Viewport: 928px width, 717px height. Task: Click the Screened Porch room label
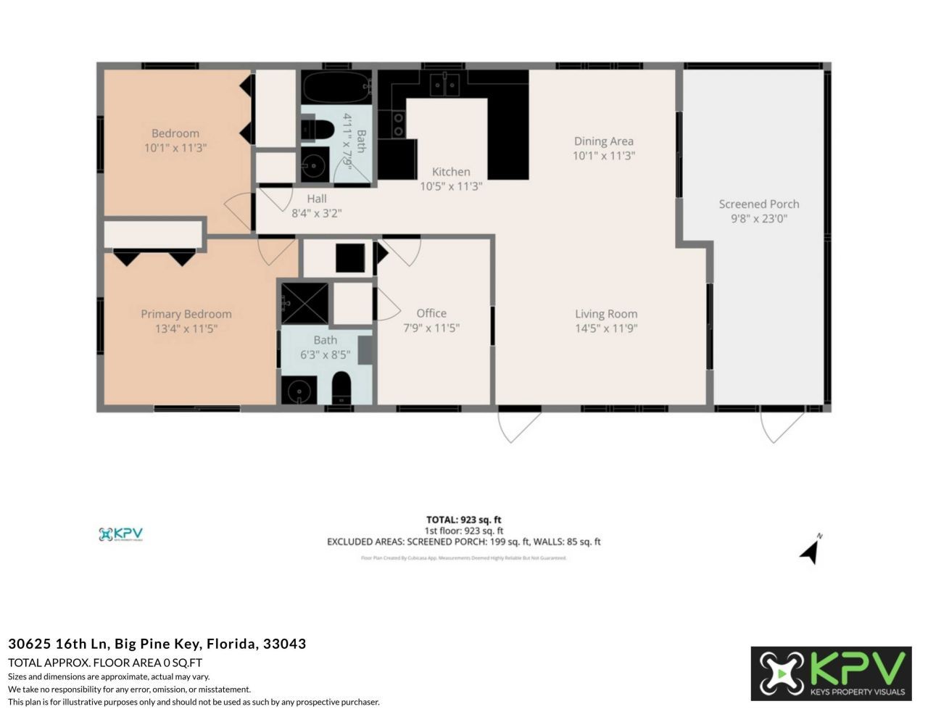(758, 204)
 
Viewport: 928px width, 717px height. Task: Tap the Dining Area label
(603, 141)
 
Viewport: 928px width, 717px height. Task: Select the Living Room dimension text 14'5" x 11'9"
(605, 328)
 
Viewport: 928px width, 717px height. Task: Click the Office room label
(431, 313)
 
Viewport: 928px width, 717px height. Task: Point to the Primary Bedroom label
(186, 314)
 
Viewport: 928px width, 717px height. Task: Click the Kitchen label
(451, 172)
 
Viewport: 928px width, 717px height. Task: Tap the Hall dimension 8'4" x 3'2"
(317, 213)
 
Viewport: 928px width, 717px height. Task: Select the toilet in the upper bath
(316, 130)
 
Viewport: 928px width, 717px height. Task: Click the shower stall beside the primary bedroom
(304, 303)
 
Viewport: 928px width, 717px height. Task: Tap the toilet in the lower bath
(341, 389)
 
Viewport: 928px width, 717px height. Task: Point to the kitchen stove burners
(398, 124)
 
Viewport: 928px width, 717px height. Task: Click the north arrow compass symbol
(811, 551)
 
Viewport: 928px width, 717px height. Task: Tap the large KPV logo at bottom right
(831, 674)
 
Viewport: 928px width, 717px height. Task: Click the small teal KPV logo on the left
(120, 534)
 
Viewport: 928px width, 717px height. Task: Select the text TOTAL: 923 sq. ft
(463, 520)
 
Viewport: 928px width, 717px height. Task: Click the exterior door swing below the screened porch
(782, 427)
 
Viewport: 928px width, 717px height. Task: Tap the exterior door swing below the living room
(518, 427)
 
